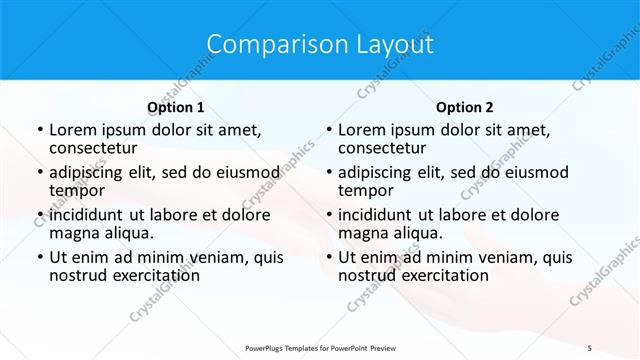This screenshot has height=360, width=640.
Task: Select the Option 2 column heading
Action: pyautogui.click(x=465, y=107)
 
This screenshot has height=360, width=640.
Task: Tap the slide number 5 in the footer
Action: pyautogui.click(x=590, y=346)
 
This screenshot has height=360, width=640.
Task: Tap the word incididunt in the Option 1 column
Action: pyautogui.click(x=88, y=214)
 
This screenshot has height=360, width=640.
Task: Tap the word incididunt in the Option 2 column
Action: pyautogui.click(x=378, y=214)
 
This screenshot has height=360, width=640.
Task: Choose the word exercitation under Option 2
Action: pyautogui.click(x=443, y=275)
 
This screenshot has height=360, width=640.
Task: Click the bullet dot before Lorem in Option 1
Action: pyautogui.click(x=39, y=130)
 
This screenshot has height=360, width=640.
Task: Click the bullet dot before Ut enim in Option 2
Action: pyautogui.click(x=328, y=258)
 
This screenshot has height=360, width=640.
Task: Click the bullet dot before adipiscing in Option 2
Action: pyautogui.click(x=328, y=172)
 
